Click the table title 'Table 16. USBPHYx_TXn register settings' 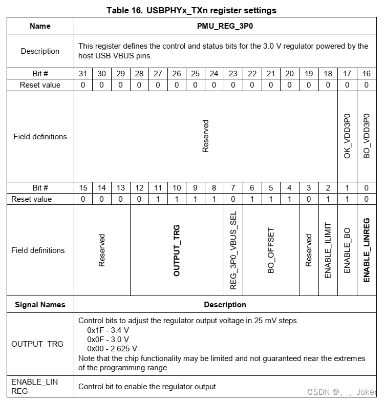point(191,10)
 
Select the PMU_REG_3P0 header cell point(225,26)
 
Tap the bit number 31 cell point(83,74)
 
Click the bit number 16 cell point(366,74)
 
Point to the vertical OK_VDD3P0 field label point(347,136)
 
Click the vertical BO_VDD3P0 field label point(366,136)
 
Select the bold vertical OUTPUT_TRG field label point(177,250)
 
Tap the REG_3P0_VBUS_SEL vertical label point(233,250)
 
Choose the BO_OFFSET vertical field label point(271,250)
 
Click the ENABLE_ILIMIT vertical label point(328,250)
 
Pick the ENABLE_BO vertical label point(347,250)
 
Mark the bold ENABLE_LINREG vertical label point(366,250)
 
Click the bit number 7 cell point(233,188)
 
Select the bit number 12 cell point(139,188)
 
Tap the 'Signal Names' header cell point(40,305)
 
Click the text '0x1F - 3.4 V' point(108,330)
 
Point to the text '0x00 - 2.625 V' point(112,348)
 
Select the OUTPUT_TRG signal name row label point(37,344)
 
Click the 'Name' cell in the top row point(40,26)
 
